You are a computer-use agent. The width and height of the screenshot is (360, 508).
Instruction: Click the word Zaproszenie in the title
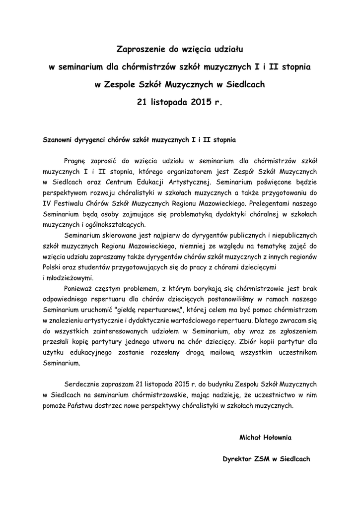click(139, 49)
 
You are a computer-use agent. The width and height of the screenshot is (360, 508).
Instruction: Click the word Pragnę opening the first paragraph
click(75, 160)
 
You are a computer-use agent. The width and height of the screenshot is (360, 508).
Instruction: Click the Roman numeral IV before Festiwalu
click(47, 203)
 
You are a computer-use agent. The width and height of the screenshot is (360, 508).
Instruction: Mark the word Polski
click(52, 267)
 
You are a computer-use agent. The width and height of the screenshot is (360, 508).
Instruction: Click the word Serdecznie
click(82, 384)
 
